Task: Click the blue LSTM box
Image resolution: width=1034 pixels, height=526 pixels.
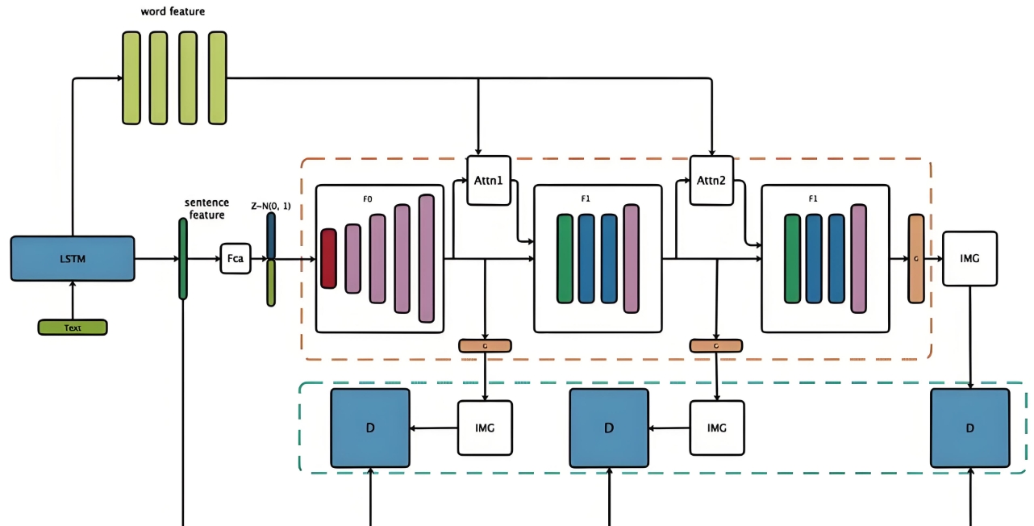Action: pyautogui.click(x=73, y=258)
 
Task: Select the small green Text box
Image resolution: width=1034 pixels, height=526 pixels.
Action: pyautogui.click(x=73, y=328)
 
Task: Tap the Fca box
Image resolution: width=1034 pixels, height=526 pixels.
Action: pyautogui.click(x=236, y=259)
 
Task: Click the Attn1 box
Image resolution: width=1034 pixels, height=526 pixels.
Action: pyautogui.click(x=489, y=180)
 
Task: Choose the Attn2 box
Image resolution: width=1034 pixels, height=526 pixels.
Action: pyautogui.click(x=712, y=180)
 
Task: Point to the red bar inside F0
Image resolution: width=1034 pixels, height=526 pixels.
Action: pyautogui.click(x=328, y=258)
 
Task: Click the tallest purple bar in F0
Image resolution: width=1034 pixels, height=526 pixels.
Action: pyautogui.click(x=427, y=258)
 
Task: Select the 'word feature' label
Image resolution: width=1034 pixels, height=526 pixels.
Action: pyautogui.click(x=173, y=11)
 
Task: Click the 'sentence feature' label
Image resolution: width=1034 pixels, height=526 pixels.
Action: pyautogui.click(x=206, y=208)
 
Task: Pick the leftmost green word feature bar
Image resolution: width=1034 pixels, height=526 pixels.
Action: pyautogui.click(x=131, y=77)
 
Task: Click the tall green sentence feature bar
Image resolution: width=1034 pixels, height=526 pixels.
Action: pyautogui.click(x=183, y=258)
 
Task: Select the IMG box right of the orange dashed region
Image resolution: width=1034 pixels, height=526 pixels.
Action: pyautogui.click(x=969, y=258)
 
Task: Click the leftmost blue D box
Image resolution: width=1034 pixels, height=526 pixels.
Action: pyautogui.click(x=370, y=428)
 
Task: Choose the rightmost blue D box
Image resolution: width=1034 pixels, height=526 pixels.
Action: pyautogui.click(x=969, y=428)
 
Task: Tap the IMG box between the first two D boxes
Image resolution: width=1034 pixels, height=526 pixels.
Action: pyautogui.click(x=485, y=428)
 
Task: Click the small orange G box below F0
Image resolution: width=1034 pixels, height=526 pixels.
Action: pyautogui.click(x=485, y=345)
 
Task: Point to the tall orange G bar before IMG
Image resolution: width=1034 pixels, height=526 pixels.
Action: pyautogui.click(x=916, y=258)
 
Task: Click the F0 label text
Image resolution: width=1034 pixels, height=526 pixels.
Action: pyautogui.click(x=368, y=197)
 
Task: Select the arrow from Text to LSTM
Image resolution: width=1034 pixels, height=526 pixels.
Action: pyautogui.click(x=73, y=300)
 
